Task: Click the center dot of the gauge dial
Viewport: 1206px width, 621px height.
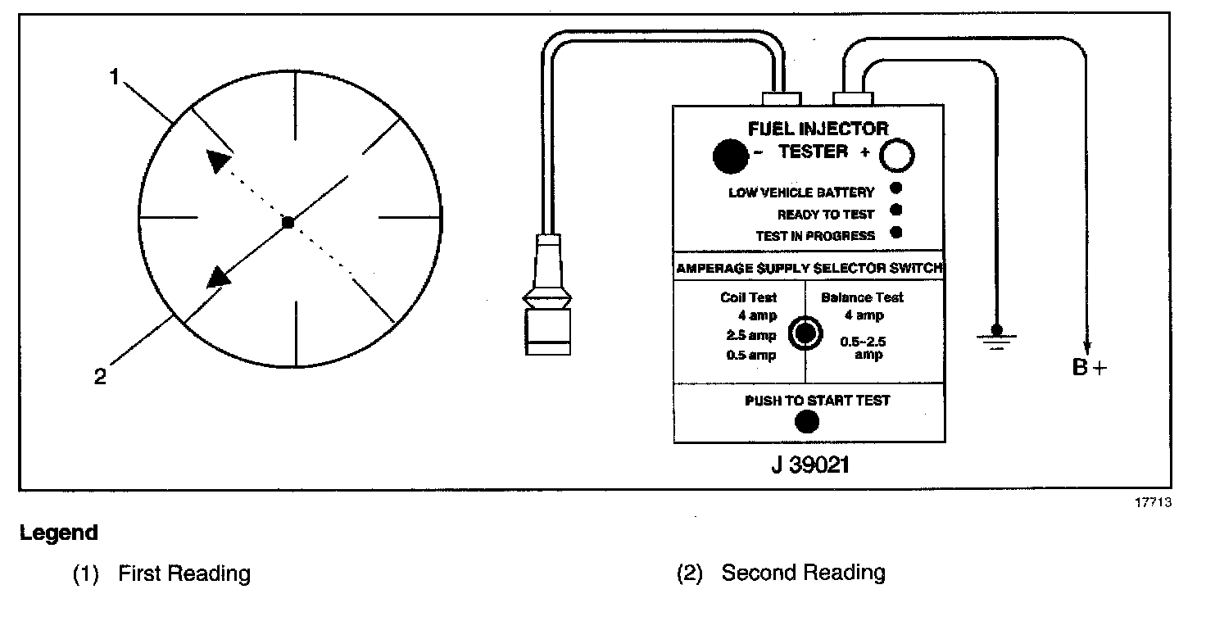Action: pos(288,222)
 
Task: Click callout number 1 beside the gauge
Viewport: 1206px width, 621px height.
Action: pos(116,76)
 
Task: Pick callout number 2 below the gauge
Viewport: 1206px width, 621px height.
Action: pos(100,378)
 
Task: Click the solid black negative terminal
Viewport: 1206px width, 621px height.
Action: pos(730,156)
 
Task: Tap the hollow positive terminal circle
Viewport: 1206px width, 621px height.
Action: pos(896,155)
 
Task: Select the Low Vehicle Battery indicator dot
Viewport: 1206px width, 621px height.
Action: pos(896,189)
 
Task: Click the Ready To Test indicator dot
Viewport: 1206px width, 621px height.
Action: pos(896,211)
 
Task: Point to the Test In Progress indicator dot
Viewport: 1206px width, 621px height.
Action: pos(896,233)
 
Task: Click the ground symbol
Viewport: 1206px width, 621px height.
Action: pos(996,338)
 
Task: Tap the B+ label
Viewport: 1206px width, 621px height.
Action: pos(1089,368)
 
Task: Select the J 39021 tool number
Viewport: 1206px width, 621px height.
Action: pos(809,465)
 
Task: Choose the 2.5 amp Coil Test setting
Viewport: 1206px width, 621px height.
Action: pos(750,336)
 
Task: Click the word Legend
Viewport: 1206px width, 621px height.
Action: pos(59,533)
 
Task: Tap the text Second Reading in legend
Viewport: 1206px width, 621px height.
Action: pos(803,573)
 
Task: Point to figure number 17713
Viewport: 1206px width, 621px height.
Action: pos(1153,502)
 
